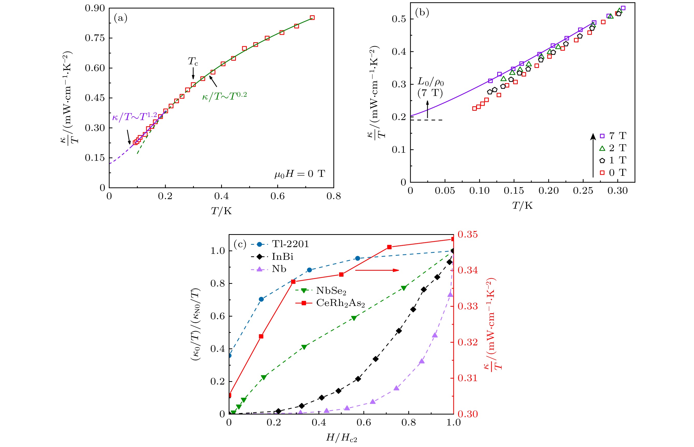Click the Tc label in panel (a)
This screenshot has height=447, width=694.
click(x=193, y=61)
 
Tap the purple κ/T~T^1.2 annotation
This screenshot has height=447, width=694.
click(x=134, y=117)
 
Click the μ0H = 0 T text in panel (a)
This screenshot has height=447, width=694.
click(x=300, y=174)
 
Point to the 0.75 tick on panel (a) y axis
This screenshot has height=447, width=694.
click(x=95, y=38)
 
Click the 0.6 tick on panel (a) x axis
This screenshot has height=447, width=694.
click(x=277, y=196)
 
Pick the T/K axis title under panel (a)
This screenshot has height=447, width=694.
click(x=221, y=211)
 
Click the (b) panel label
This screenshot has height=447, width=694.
click(x=422, y=12)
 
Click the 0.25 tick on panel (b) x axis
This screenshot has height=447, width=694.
click(x=583, y=191)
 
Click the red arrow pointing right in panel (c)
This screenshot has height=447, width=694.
click(x=377, y=270)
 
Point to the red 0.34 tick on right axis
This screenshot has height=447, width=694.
click(x=467, y=270)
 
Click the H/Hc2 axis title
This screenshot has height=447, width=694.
click(x=341, y=437)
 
